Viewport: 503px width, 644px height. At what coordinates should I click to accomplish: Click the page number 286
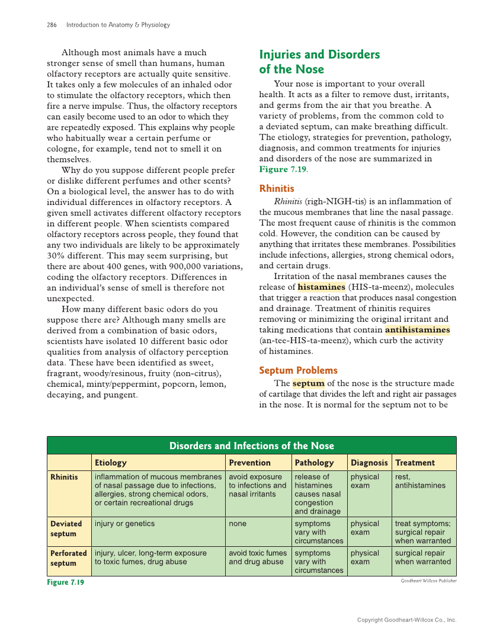(52, 25)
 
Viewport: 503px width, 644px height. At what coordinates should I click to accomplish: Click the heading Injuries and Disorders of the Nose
(319, 62)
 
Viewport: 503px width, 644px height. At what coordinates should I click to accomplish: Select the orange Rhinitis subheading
(277, 188)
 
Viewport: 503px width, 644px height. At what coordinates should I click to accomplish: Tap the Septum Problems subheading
(298, 370)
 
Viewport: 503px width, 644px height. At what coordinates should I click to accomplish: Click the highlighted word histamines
(321, 287)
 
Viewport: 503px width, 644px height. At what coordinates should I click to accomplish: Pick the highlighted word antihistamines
(417, 330)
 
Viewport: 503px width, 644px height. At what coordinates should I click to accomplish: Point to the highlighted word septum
(308, 383)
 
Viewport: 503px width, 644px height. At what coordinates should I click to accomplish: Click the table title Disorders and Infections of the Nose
(252, 446)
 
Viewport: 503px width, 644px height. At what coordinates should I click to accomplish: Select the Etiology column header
(111, 463)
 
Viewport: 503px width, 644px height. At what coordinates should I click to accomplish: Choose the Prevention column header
(249, 463)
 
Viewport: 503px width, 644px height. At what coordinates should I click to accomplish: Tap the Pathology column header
(314, 463)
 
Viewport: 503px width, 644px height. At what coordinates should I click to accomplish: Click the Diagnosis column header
(369, 463)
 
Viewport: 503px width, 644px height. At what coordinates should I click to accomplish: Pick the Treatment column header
(415, 463)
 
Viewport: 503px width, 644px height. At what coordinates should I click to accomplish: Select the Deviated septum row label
(66, 528)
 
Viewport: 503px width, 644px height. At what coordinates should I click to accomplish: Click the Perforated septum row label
(69, 558)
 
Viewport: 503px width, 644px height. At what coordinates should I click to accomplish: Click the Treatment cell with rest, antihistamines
(420, 481)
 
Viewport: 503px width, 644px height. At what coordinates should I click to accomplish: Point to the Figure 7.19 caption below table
(66, 582)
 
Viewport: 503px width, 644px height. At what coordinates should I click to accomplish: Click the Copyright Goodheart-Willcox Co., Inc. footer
(406, 620)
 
